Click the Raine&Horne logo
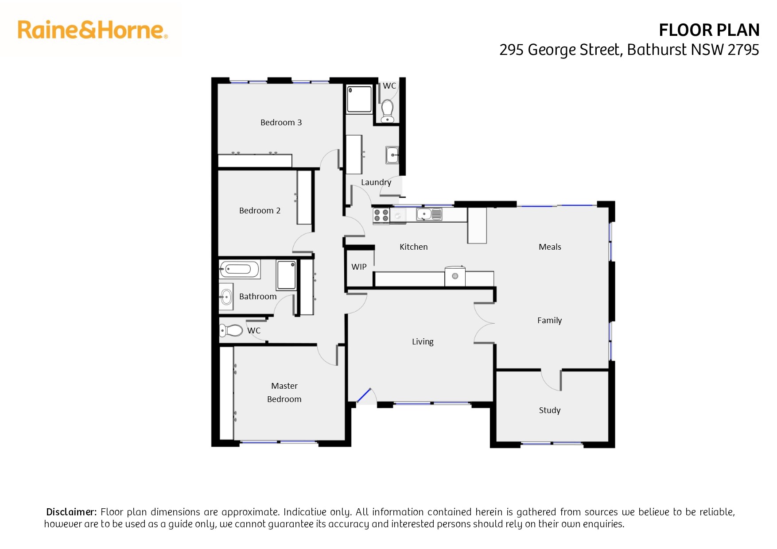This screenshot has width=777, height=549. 93,30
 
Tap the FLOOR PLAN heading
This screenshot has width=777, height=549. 709,30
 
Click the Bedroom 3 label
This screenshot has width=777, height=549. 281,122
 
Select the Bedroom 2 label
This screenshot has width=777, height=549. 260,210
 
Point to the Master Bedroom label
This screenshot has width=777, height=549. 284,392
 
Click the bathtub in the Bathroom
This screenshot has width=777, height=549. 239,269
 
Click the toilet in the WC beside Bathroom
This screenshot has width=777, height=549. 231,330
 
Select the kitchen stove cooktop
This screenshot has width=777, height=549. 381,216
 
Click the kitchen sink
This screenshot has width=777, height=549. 429,215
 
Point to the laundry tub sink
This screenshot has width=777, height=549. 392,155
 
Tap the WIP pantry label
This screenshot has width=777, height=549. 359,267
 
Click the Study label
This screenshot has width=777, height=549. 550,410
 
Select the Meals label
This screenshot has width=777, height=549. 550,247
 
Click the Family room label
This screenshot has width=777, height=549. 549,321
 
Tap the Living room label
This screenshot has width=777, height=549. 423,342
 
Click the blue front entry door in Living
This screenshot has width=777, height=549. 364,396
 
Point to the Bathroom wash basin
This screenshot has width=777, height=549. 226,297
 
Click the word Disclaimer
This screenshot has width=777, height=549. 71,512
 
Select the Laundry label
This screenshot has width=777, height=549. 376,182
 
